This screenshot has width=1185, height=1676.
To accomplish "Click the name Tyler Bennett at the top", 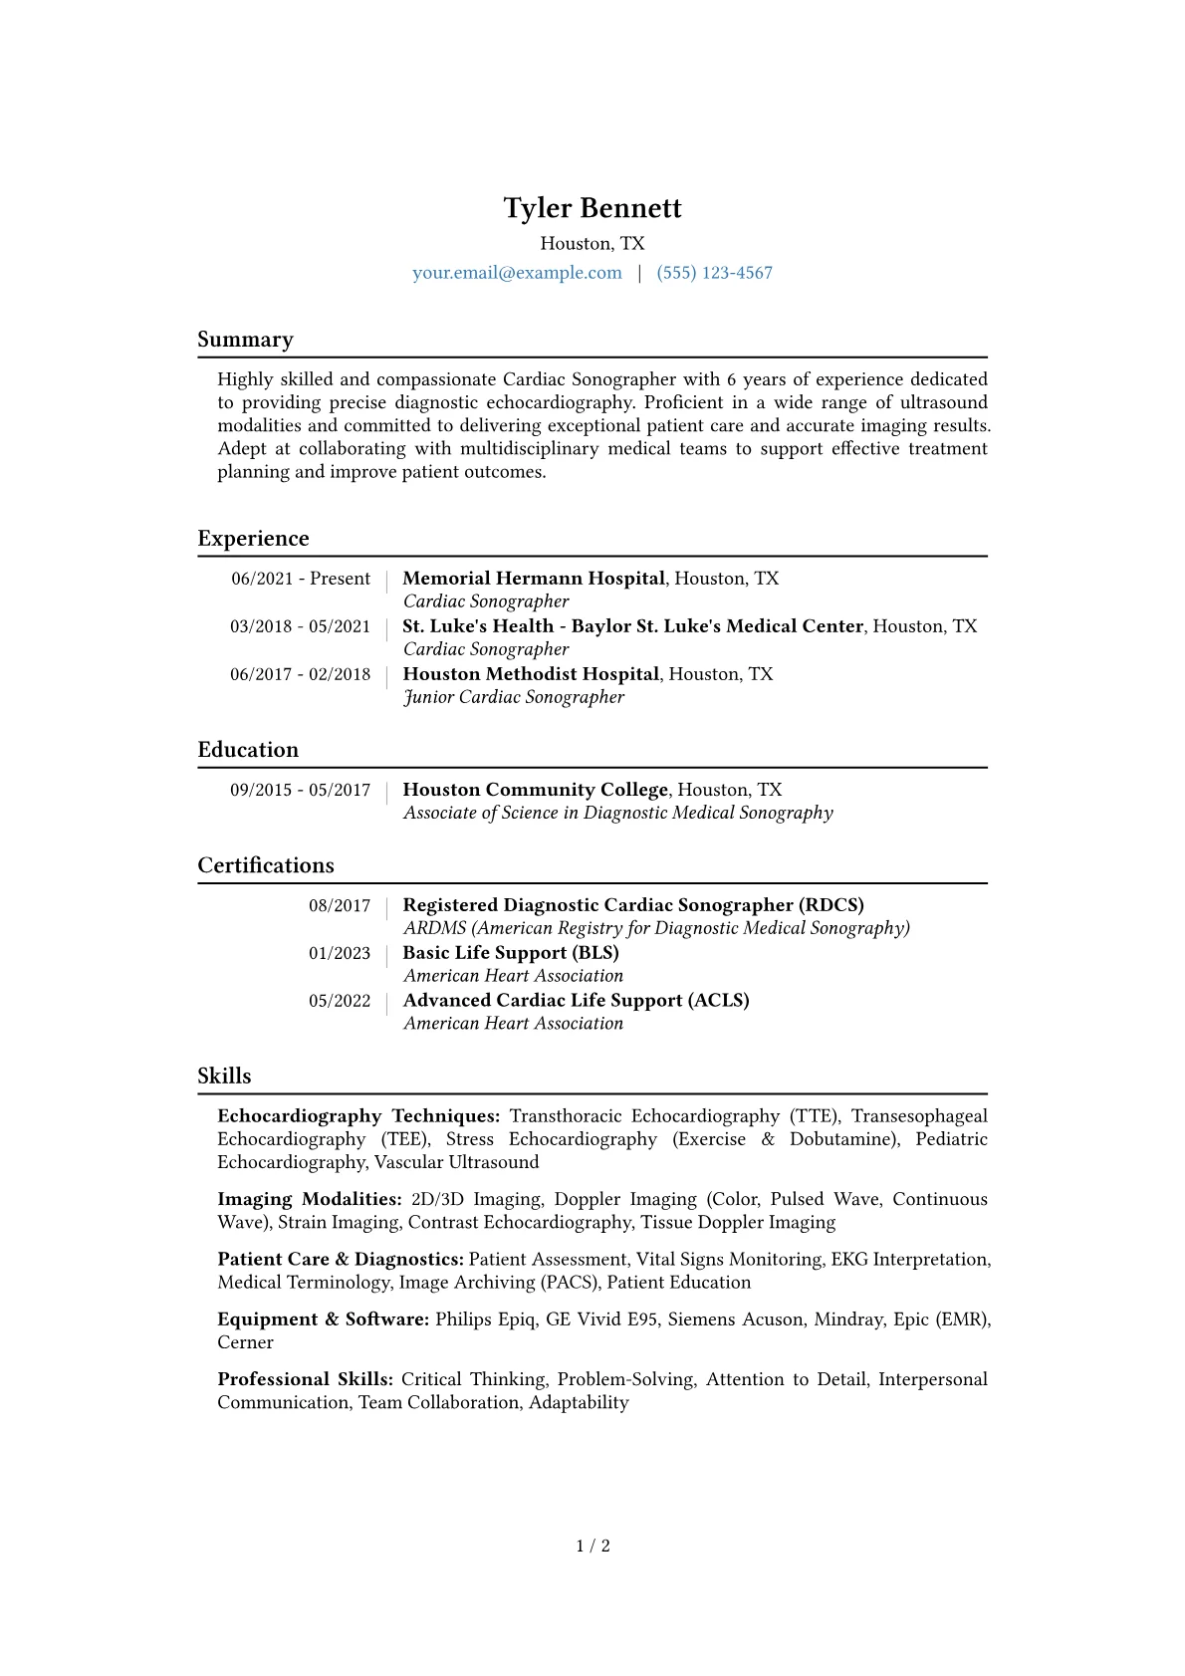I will click(592, 208).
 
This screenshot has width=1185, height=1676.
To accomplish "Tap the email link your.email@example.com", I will click(517, 273).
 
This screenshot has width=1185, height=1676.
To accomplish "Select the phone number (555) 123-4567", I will click(714, 273).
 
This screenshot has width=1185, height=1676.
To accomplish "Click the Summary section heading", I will click(245, 340).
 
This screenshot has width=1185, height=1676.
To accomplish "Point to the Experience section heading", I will click(253, 539).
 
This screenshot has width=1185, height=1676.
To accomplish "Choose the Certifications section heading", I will click(266, 865).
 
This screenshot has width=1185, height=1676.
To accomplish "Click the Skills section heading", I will click(224, 1077).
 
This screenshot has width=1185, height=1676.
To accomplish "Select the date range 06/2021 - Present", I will click(301, 579).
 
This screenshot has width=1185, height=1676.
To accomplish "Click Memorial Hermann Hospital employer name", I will click(534, 579).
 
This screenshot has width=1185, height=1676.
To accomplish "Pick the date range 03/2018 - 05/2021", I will click(300, 626).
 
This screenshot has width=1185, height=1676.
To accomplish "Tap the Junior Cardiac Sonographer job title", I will click(514, 697).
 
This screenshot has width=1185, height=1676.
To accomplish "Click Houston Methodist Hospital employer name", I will click(531, 674).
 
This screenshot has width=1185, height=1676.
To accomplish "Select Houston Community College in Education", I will click(535, 790).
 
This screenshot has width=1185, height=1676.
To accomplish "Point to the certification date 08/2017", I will click(340, 905).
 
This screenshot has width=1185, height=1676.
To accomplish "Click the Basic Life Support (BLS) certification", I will click(511, 953).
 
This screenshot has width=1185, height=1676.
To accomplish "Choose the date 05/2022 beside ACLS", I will click(340, 1001).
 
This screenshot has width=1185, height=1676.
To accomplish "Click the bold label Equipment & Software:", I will click(324, 1319).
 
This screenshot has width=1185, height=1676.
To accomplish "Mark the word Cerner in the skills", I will click(245, 1342).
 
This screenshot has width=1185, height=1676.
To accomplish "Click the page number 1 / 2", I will click(592, 1546).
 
